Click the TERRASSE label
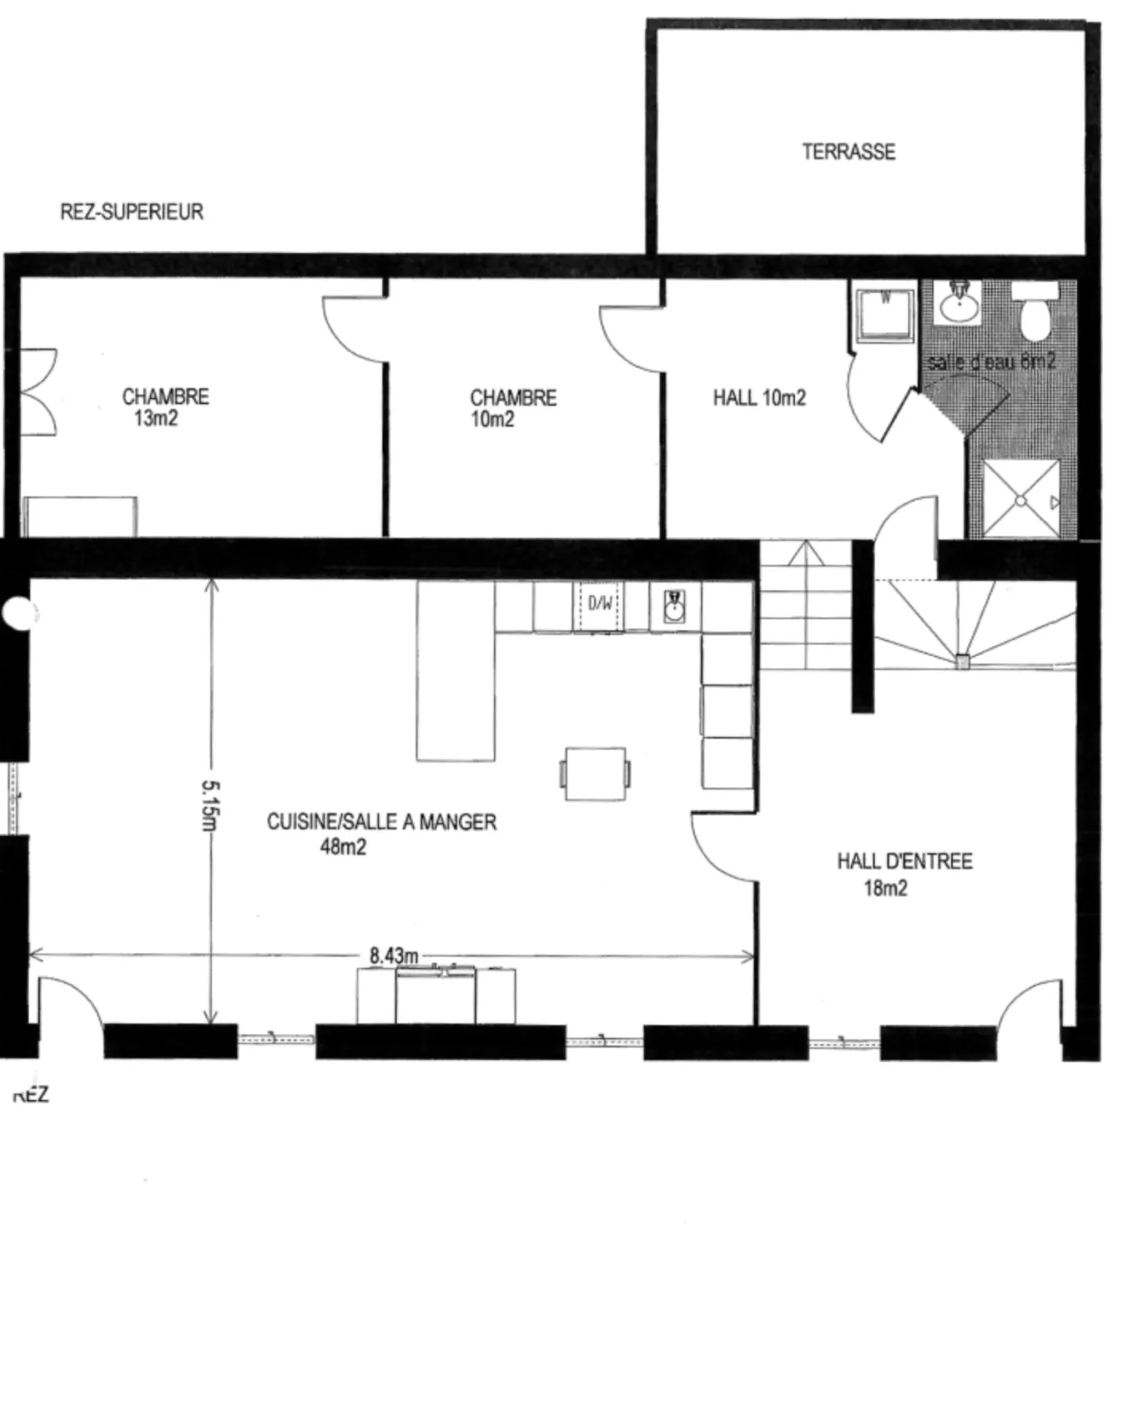tap(848, 151)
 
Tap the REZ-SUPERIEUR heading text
tap(132, 212)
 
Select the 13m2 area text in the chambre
tap(156, 419)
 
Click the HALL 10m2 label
tap(759, 398)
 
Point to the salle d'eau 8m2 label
tap(991, 362)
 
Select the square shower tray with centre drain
tap(1020, 499)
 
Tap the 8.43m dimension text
tap(394, 956)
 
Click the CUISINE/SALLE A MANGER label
tap(381, 822)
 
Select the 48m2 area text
tap(343, 847)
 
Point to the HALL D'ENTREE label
tap(905, 861)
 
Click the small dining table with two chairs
tap(595, 774)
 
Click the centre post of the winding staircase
tap(963, 662)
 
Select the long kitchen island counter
tap(455, 670)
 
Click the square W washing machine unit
tap(885, 315)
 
